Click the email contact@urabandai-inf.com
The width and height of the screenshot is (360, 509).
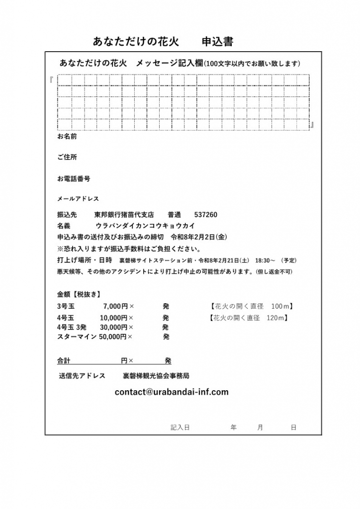172,392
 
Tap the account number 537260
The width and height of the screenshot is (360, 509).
205,215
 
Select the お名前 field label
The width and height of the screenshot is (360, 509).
67,136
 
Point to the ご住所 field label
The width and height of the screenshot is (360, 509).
67,157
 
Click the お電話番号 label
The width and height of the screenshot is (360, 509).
74,178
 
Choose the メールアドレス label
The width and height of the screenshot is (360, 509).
78,199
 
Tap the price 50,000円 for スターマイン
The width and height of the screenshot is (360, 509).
113,337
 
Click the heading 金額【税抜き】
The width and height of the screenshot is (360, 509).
79,294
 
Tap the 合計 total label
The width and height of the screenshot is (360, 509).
64,360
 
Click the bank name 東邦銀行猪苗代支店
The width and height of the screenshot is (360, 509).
124,215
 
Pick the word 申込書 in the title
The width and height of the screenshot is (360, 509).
217,42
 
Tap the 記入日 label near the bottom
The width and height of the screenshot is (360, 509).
180,427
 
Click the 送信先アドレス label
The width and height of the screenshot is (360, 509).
82,376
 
